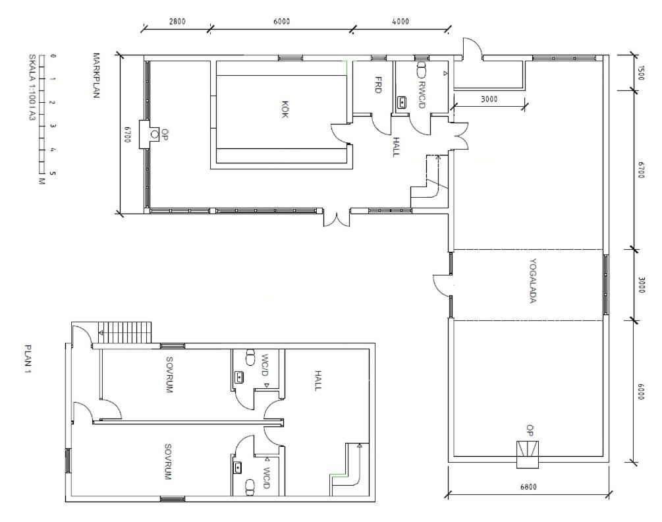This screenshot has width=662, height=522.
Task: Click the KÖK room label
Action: [x=285, y=109]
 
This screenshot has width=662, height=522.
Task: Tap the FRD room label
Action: [x=378, y=84]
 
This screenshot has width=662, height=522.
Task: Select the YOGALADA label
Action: [x=532, y=281]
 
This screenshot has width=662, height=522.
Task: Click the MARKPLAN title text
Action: [x=96, y=75]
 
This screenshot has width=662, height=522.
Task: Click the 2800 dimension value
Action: [x=177, y=22]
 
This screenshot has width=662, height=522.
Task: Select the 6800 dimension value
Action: [x=528, y=487]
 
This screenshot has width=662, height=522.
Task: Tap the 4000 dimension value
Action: [x=400, y=22]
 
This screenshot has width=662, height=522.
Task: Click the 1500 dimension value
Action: [x=640, y=73]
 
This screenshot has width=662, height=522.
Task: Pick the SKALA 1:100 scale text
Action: [x=32, y=87]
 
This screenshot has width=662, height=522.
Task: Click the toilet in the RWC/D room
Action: [x=422, y=70]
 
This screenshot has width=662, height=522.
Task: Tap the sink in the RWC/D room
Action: [x=402, y=102]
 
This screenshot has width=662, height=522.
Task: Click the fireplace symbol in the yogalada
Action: [x=528, y=454]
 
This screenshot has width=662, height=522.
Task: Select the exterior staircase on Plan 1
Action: [x=124, y=333]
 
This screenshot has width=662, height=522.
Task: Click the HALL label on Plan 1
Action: [x=318, y=381]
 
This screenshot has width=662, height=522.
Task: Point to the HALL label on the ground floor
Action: [x=396, y=147]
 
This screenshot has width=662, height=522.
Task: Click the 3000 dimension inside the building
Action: [x=489, y=100]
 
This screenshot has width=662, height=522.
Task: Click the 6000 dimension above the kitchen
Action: [x=282, y=22]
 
